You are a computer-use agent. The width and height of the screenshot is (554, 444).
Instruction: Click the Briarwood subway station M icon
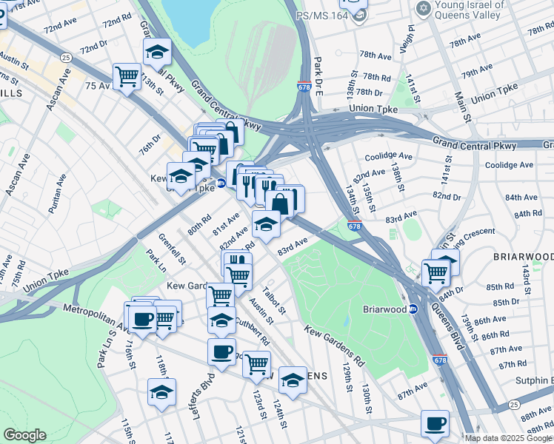(414, 309)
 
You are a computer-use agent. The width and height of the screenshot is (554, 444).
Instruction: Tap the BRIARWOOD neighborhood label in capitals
(523, 257)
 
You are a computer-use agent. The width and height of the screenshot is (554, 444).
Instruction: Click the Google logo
(24, 434)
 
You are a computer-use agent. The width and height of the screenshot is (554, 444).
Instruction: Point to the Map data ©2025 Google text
(508, 438)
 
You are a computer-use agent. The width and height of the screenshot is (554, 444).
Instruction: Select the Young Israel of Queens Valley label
(479, 9)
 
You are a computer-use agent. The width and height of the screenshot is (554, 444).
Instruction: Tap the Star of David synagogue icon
(424, 8)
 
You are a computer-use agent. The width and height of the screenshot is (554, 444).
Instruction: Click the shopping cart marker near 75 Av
(127, 76)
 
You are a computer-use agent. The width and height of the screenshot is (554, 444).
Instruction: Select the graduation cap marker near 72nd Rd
(157, 52)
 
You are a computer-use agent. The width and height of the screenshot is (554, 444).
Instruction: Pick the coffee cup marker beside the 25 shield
(435, 423)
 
